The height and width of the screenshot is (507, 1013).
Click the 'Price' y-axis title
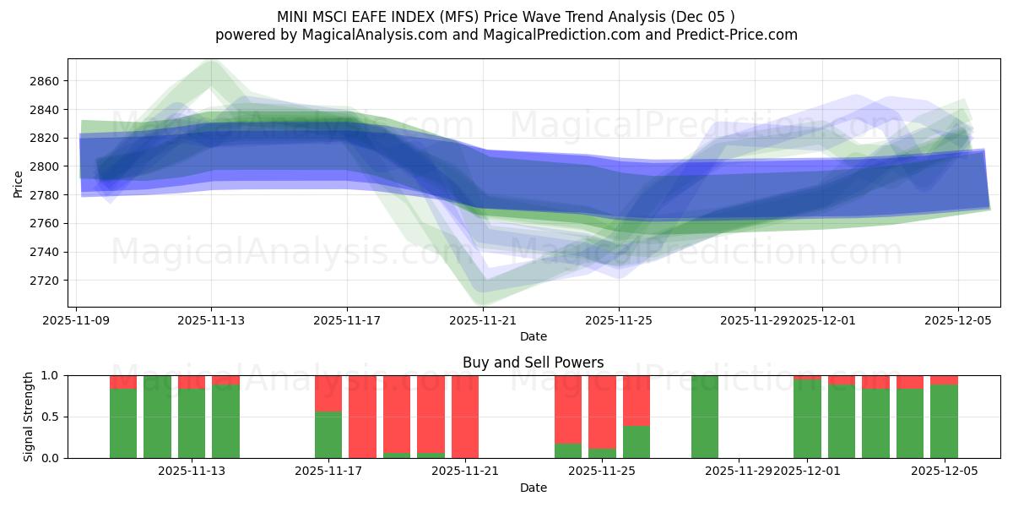[x=18, y=183]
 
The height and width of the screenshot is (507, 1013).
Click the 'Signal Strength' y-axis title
[x=28, y=417]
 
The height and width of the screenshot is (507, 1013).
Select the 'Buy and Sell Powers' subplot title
[x=533, y=363]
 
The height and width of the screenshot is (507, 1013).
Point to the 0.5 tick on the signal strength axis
[x=50, y=417]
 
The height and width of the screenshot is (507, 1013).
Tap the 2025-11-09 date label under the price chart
[x=76, y=320]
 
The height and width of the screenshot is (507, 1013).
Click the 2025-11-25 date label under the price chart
[x=619, y=320]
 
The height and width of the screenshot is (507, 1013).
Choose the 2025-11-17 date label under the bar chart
[x=328, y=471]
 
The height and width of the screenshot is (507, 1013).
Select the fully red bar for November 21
[x=465, y=417]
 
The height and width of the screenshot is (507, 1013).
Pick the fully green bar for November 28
[x=704, y=417]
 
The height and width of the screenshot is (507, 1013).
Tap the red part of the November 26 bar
[x=637, y=400]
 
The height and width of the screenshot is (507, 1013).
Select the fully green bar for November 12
[x=157, y=417]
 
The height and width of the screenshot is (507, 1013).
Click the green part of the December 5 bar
[x=944, y=422]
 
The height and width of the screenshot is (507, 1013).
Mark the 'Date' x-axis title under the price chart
[x=533, y=336]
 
